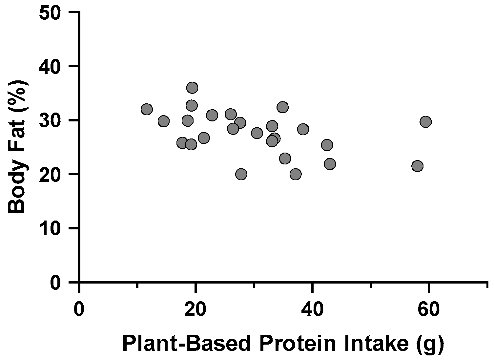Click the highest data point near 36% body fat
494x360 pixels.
192,88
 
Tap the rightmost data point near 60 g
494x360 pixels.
425,122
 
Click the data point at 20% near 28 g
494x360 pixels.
241,174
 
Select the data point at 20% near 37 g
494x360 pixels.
295,174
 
